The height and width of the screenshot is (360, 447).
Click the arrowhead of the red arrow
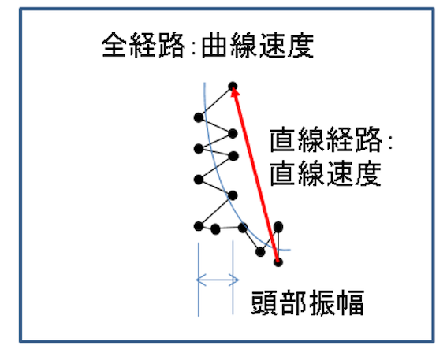point(234,91)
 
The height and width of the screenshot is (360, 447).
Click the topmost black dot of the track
point(233,86)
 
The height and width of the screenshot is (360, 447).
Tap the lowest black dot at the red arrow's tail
point(278,262)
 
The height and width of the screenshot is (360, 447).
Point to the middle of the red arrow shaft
point(255,174)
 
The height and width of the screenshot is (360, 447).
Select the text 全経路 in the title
point(143,45)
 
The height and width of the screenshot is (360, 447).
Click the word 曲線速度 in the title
point(258,45)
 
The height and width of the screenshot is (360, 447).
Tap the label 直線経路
point(326,139)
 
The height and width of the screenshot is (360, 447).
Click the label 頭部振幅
point(307,302)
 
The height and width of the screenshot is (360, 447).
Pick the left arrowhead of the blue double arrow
point(199,280)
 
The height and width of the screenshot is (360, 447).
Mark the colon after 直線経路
point(390,142)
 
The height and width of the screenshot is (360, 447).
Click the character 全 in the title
point(114,45)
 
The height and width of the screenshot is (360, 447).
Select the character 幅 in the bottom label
point(352,302)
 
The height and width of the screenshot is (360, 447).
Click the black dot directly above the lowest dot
point(278,227)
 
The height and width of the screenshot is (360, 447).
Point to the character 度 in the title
point(300,45)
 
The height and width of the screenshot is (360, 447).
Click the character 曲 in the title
point(214,46)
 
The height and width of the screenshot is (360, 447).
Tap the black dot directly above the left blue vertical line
point(199,226)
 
